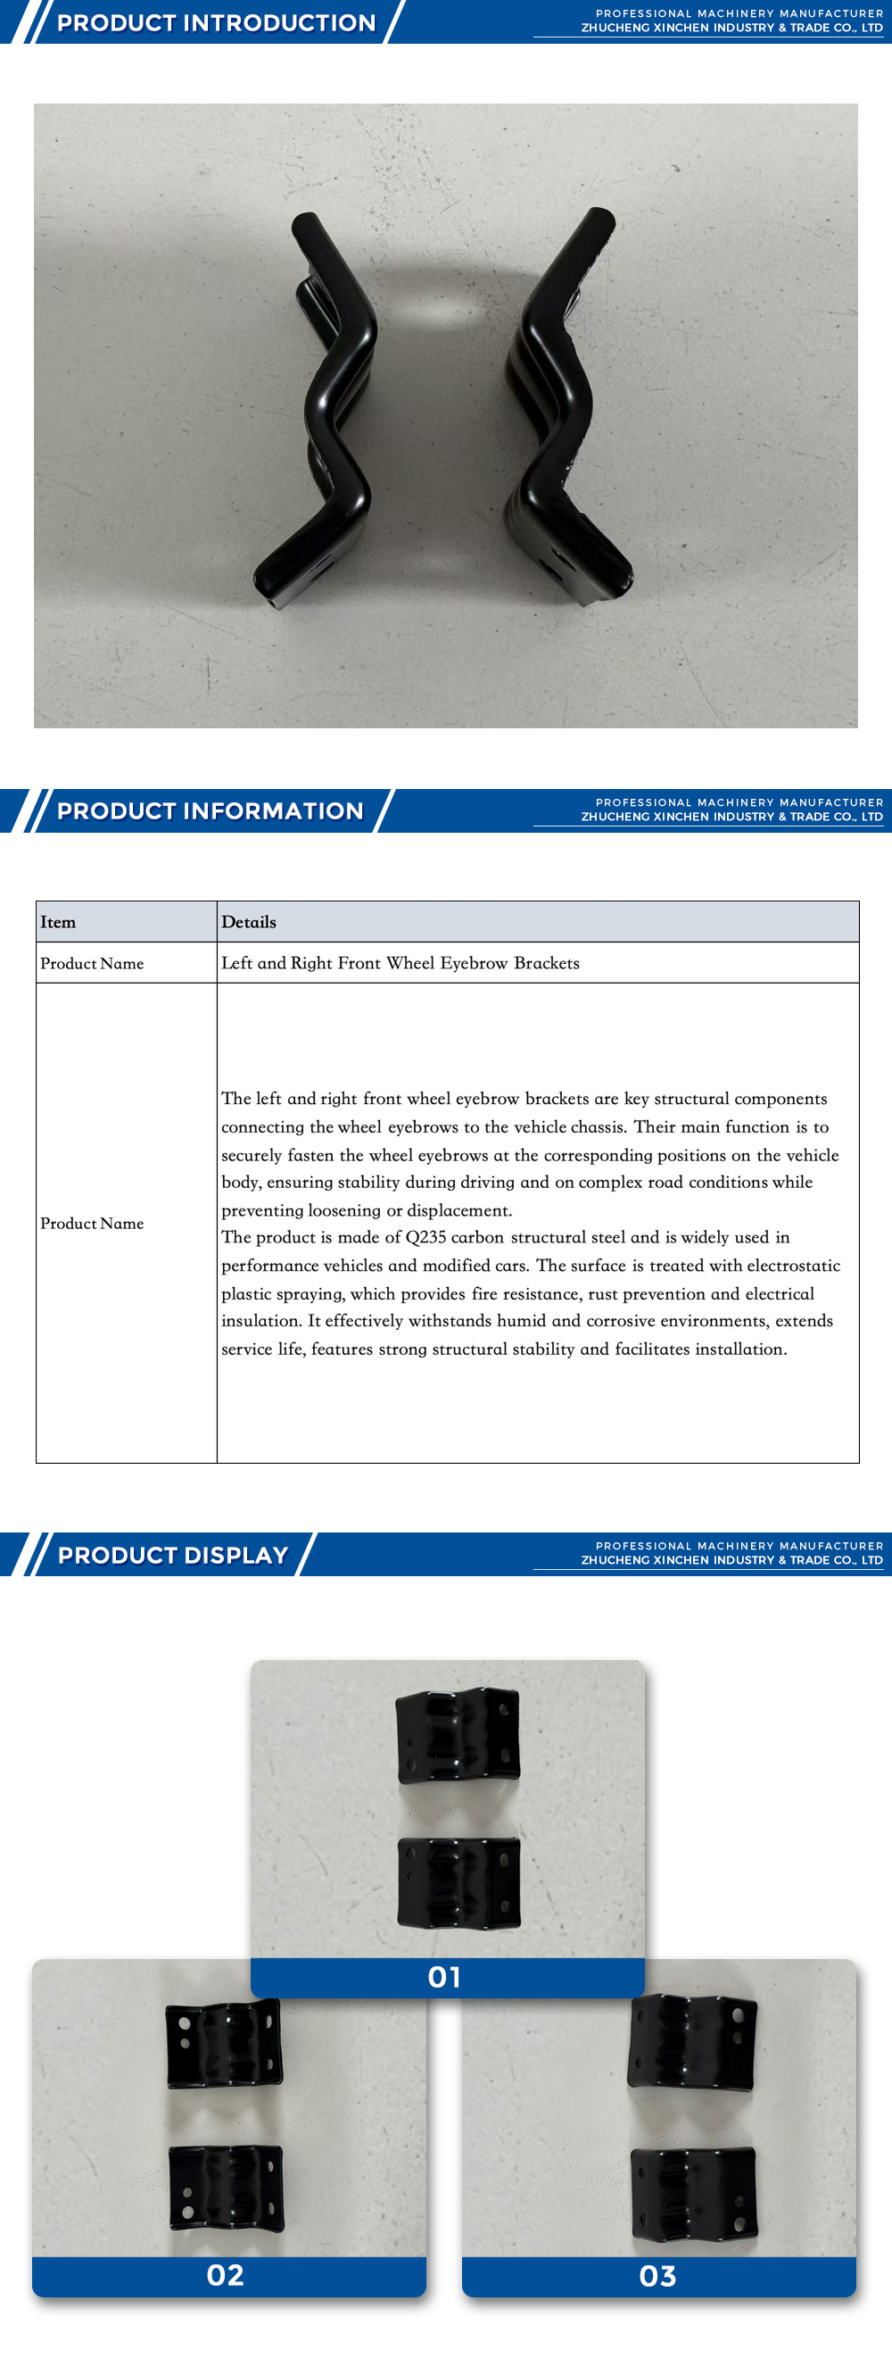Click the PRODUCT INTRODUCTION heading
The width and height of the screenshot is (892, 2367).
click(217, 23)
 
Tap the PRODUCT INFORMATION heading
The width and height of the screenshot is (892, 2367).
click(211, 810)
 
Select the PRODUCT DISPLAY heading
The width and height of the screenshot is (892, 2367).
click(173, 1555)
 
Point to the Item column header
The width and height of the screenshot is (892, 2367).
click(58, 922)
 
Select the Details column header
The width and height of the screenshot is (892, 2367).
click(249, 922)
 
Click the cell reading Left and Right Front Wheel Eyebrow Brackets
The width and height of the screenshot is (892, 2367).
click(401, 963)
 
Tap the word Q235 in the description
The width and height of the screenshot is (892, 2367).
click(425, 1237)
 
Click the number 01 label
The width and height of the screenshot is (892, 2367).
click(445, 1976)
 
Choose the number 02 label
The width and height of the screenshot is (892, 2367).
click(226, 2275)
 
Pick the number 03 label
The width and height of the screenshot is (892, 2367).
click(657, 2276)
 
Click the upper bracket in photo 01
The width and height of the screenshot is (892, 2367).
click(458, 1735)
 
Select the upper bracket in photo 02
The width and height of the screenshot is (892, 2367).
click(223, 2045)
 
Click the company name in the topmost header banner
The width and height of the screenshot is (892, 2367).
click(731, 28)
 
